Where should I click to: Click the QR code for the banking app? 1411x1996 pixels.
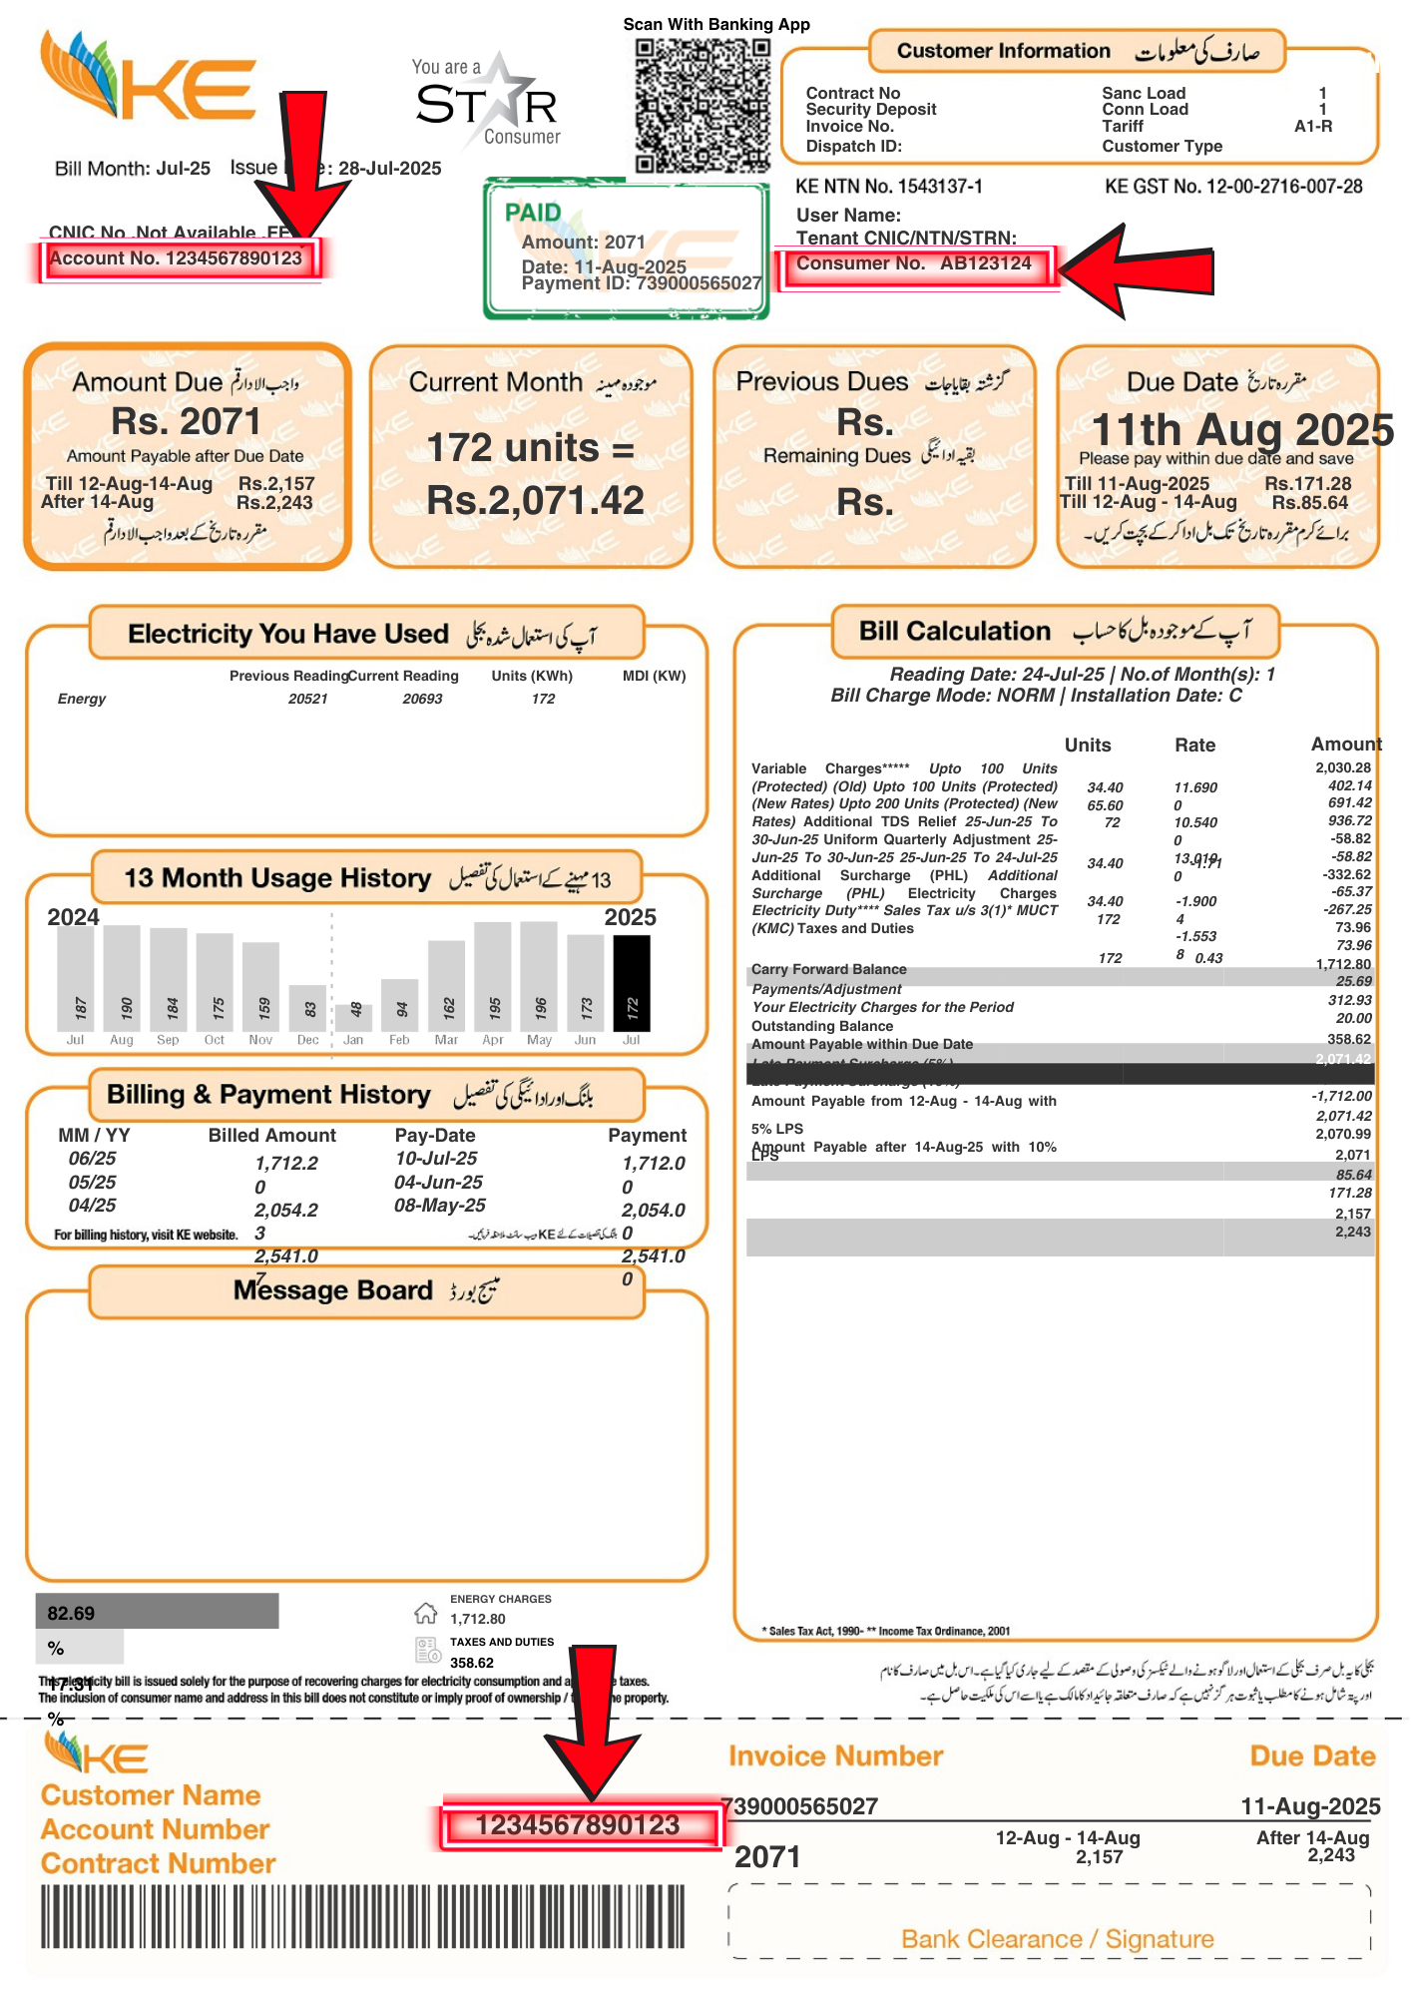point(703,106)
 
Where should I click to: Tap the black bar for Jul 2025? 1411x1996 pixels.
point(631,983)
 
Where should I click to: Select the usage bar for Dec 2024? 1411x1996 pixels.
point(308,1008)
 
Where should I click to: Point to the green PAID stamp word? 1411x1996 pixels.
point(533,213)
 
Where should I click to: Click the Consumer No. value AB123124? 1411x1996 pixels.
point(985,263)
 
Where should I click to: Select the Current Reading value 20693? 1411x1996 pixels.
point(422,699)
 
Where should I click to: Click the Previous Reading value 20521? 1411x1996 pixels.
point(307,699)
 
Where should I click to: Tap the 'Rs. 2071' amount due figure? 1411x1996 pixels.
point(186,422)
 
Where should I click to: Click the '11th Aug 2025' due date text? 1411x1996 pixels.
point(1242,430)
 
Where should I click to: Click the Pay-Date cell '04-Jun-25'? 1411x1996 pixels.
point(439,1182)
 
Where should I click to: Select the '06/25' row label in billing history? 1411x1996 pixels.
point(92,1159)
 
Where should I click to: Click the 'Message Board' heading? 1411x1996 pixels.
point(332,1290)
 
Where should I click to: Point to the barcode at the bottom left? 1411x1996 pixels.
point(362,1916)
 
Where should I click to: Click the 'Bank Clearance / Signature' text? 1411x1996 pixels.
point(1057,1939)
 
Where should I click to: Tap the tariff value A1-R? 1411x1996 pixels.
point(1312,127)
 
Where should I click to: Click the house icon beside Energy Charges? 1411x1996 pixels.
point(426,1613)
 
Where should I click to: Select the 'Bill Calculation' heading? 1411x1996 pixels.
point(954,631)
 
